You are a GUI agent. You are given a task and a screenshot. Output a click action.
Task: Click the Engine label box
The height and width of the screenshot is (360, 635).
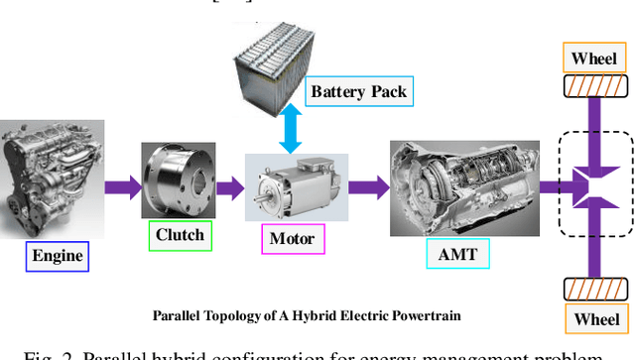pos(58,257)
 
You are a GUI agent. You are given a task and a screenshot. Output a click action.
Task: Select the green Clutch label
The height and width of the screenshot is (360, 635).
pos(180,235)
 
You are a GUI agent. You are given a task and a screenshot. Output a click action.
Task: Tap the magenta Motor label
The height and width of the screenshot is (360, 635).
pos(292,239)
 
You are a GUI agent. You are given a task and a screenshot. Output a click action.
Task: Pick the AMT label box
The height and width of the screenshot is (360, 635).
pos(457,255)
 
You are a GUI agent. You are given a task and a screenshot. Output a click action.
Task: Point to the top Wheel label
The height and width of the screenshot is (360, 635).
pos(595,58)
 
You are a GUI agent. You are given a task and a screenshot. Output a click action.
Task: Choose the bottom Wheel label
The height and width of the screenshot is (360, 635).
pos(595,319)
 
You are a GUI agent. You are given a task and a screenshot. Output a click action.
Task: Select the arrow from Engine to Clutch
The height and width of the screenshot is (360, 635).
pos(121,185)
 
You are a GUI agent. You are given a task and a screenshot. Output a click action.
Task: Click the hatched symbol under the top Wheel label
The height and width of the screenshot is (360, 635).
pos(595,86)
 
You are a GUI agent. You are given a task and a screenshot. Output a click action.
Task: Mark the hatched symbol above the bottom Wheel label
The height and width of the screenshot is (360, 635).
pos(595,290)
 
